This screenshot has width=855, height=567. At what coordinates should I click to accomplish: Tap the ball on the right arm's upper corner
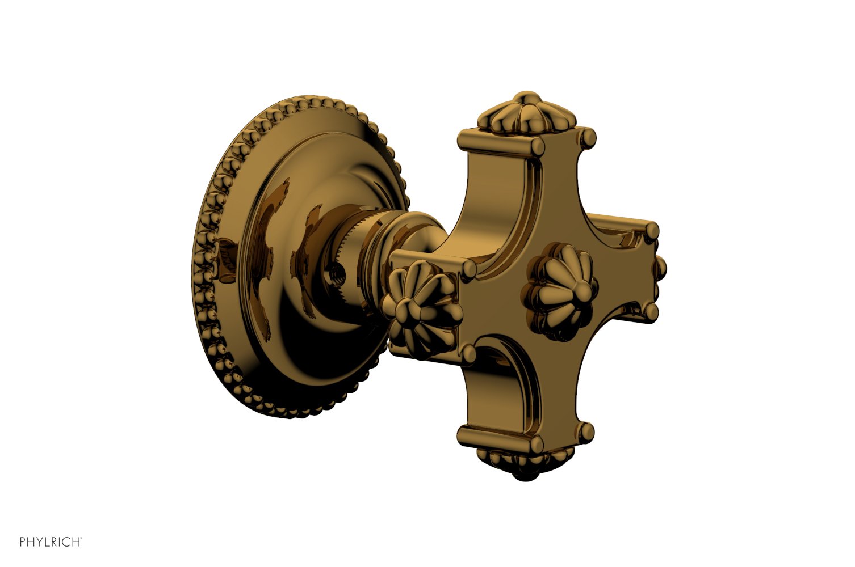tap(652, 230)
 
